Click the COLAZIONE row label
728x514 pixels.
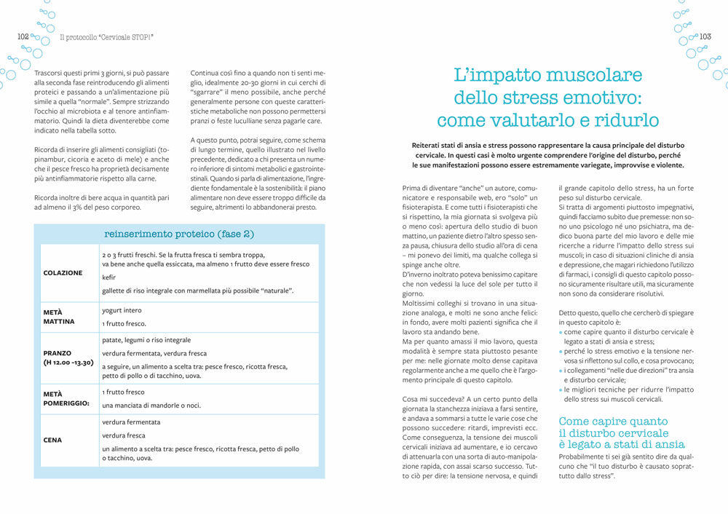[x=63, y=272]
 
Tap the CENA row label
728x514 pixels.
[x=52, y=440]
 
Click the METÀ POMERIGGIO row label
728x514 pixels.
[x=66, y=398]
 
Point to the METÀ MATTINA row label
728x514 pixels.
[x=58, y=316]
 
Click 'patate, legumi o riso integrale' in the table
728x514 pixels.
[x=146, y=339]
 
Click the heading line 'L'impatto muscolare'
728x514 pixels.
[x=547, y=75]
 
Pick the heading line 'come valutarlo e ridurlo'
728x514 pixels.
[x=547, y=120]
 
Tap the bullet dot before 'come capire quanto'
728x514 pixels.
[x=561, y=332]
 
